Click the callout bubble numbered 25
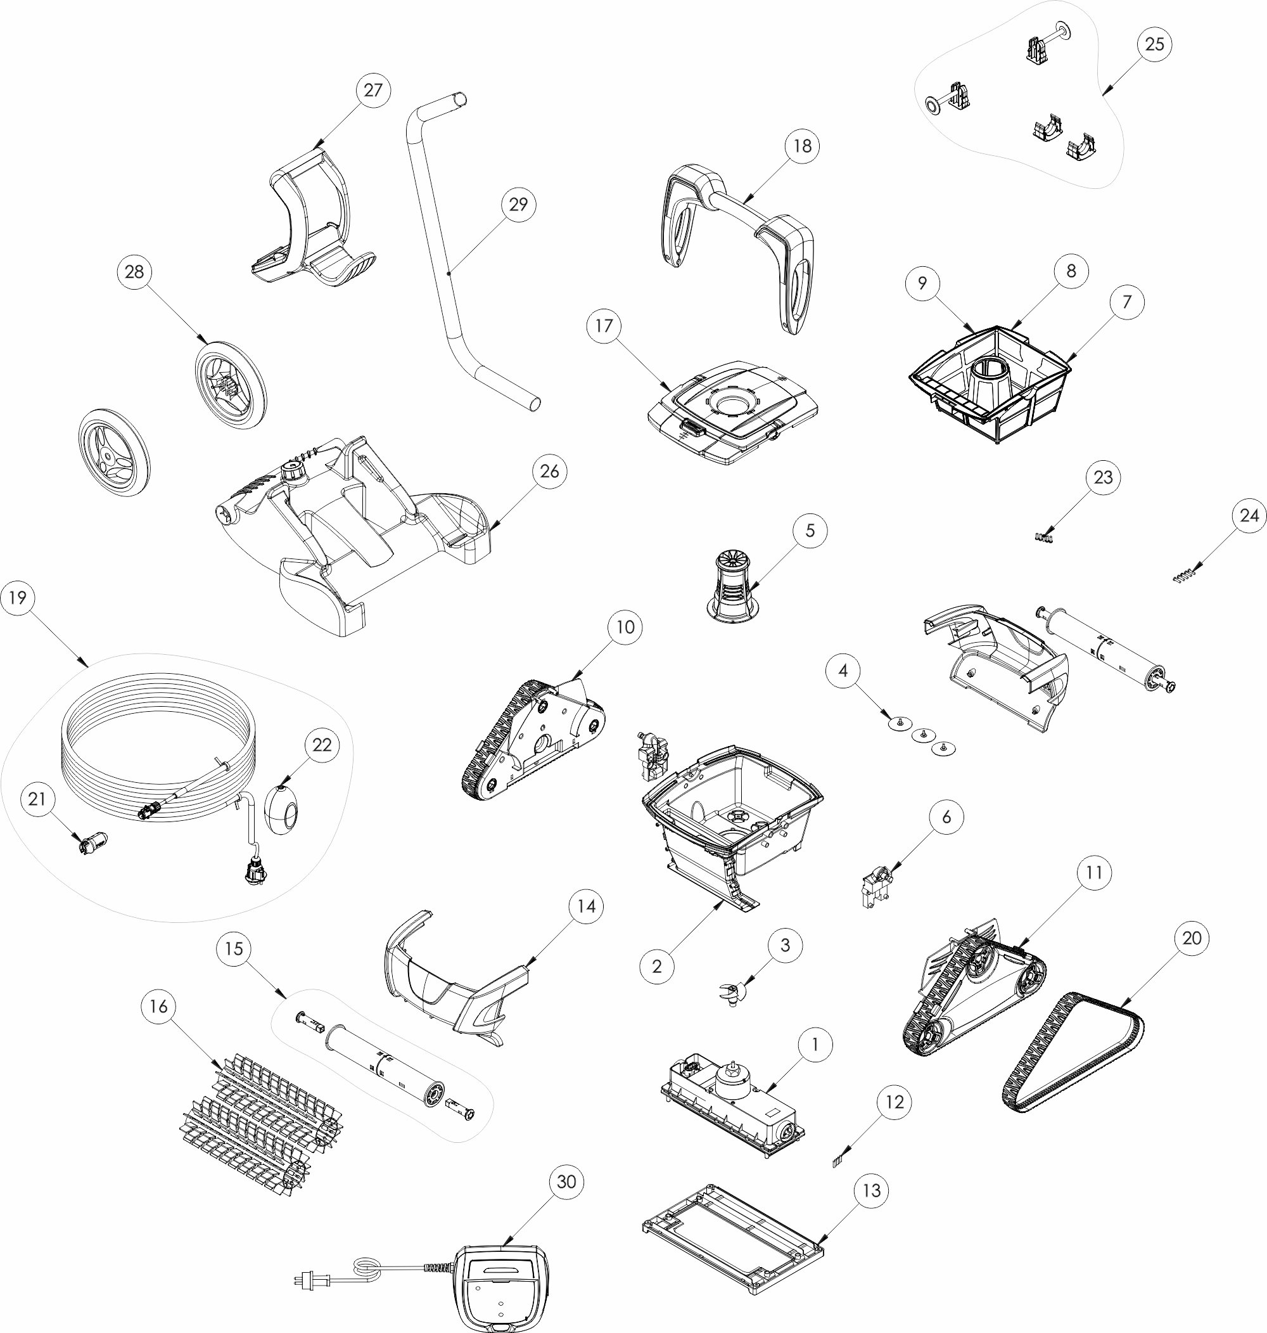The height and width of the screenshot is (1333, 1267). coord(1154,44)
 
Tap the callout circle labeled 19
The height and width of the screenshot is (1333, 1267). coord(18,597)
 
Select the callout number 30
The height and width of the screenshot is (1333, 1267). coord(566,1181)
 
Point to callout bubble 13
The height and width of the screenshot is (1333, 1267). coord(872,1190)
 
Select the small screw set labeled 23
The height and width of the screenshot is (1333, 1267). coord(1043,537)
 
